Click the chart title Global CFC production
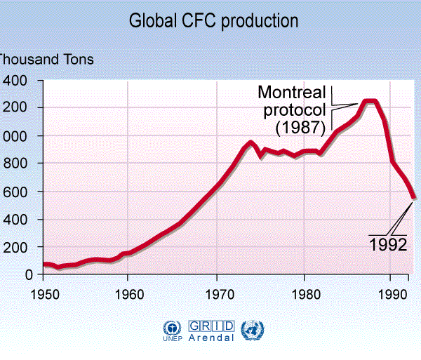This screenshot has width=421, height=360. (213, 21)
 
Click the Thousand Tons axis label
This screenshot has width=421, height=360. (46, 60)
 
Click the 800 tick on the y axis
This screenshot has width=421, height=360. (15, 164)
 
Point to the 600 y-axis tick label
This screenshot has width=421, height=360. (15, 192)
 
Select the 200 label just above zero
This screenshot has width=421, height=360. (15, 247)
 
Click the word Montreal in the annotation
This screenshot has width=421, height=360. (292, 92)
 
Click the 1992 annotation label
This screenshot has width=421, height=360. (388, 246)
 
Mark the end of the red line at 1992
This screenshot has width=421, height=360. (413, 197)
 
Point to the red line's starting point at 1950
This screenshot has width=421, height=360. (44, 265)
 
